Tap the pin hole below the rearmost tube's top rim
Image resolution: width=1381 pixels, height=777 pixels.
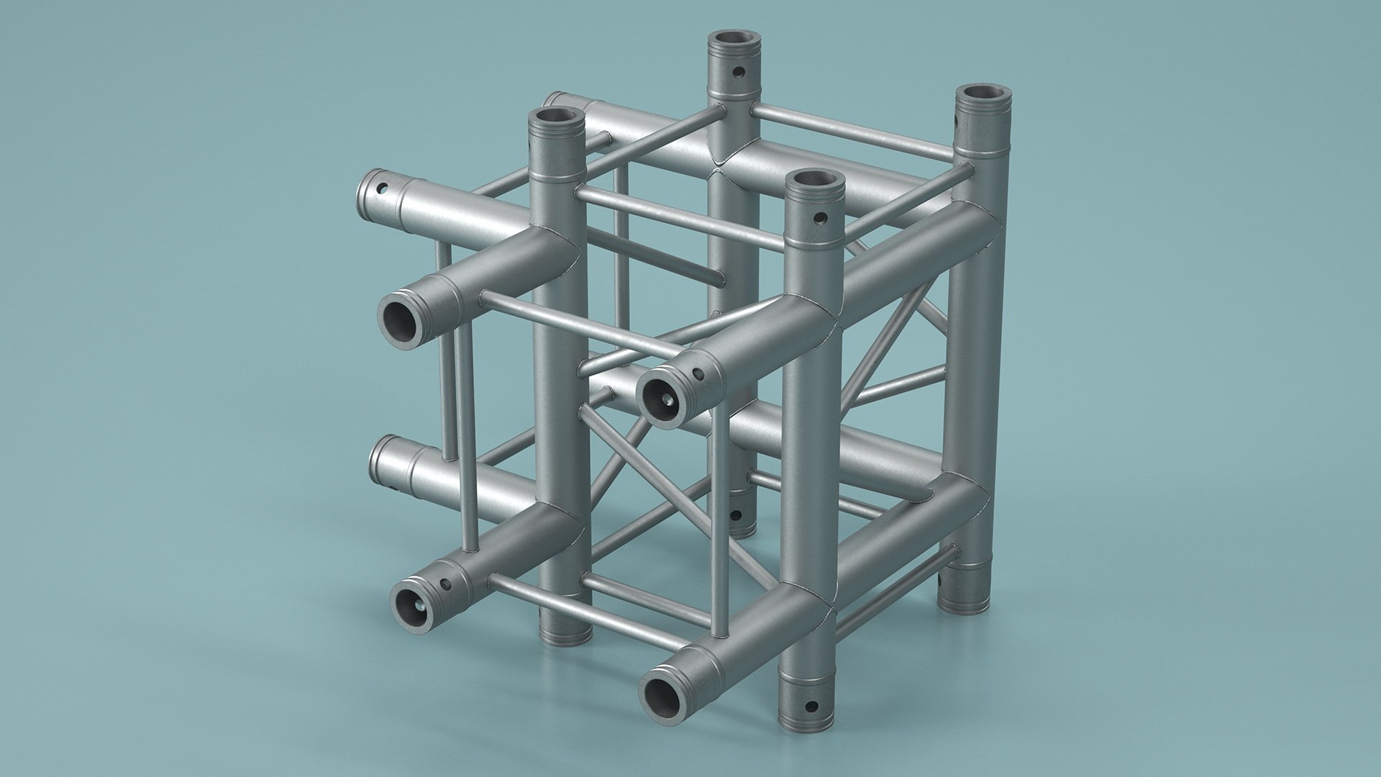(738, 72)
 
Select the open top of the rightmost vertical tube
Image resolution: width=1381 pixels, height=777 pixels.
(983, 95)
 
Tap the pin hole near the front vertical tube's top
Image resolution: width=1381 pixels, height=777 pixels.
(820, 217)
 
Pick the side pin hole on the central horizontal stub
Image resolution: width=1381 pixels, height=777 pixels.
(696, 373)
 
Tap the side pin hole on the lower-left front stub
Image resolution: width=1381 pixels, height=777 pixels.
(446, 583)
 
